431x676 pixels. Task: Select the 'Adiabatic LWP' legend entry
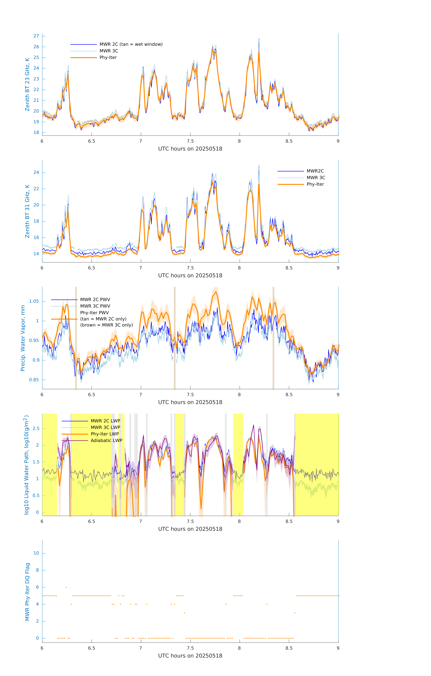(x=106, y=440)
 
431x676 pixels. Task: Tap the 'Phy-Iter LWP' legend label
(x=105, y=434)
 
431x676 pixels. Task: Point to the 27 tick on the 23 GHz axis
(x=36, y=36)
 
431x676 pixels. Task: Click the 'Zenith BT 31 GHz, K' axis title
(x=27, y=211)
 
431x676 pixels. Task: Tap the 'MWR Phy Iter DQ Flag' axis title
(x=27, y=591)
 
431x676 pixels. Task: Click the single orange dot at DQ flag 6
(x=66, y=587)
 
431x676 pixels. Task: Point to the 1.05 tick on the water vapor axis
(x=34, y=301)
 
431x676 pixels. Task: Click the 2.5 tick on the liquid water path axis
(x=36, y=428)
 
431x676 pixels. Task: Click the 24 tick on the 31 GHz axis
(x=36, y=172)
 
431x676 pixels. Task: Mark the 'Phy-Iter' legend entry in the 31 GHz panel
(x=315, y=184)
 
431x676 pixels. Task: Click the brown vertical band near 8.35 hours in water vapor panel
(x=273, y=338)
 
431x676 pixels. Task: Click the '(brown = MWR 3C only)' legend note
(x=106, y=325)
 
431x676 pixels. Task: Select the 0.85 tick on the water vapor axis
(x=34, y=380)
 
